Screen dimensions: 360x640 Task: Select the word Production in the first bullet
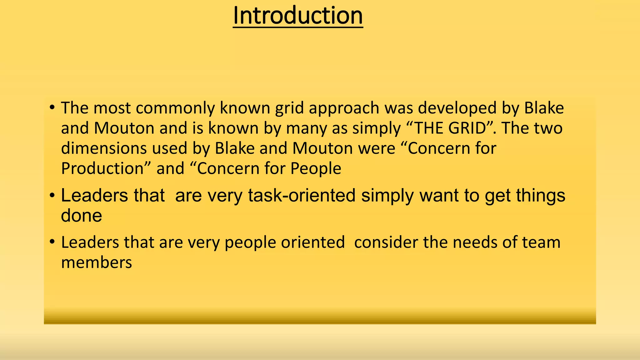point(102,169)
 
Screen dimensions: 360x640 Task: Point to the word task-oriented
point(302,196)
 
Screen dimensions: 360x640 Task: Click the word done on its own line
point(81,216)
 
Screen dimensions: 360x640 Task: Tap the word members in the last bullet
point(96,262)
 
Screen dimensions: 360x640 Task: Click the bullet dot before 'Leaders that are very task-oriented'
point(52,196)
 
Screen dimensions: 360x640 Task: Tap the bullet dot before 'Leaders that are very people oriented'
point(52,242)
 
